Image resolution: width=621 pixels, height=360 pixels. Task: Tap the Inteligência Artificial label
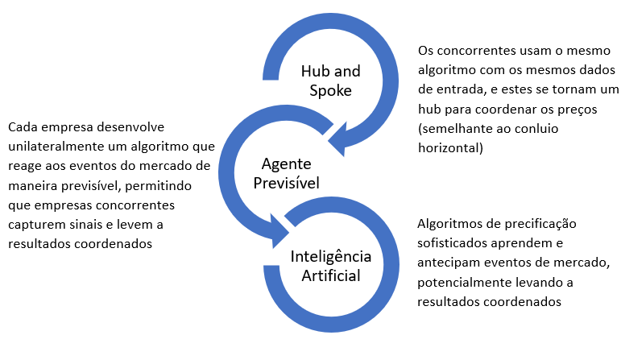point(331,267)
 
